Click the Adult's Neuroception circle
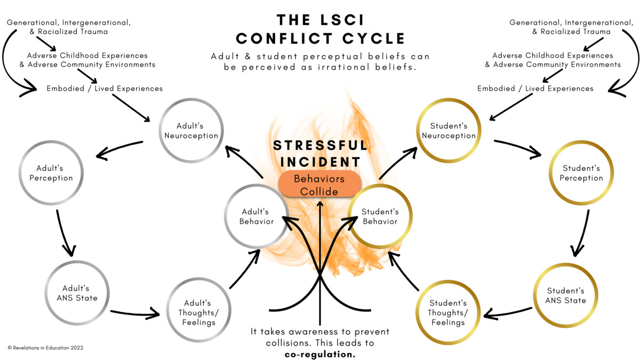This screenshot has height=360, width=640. coord(191,131)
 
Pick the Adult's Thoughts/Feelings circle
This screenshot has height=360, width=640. coord(200,311)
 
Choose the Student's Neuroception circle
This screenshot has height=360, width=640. coord(449,131)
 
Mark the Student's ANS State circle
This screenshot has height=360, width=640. coord(566,295)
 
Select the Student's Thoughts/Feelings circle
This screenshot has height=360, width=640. coord(449,312)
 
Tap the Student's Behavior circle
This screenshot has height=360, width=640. coord(380,216)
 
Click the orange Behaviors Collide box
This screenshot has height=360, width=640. coord(319,185)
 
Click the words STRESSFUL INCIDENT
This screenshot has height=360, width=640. coord(320,153)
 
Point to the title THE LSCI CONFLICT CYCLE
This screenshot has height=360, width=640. coord(320,29)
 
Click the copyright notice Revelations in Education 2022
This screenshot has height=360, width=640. coord(45,347)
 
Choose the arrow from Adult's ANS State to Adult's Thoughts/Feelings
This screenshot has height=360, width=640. coord(134,310)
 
